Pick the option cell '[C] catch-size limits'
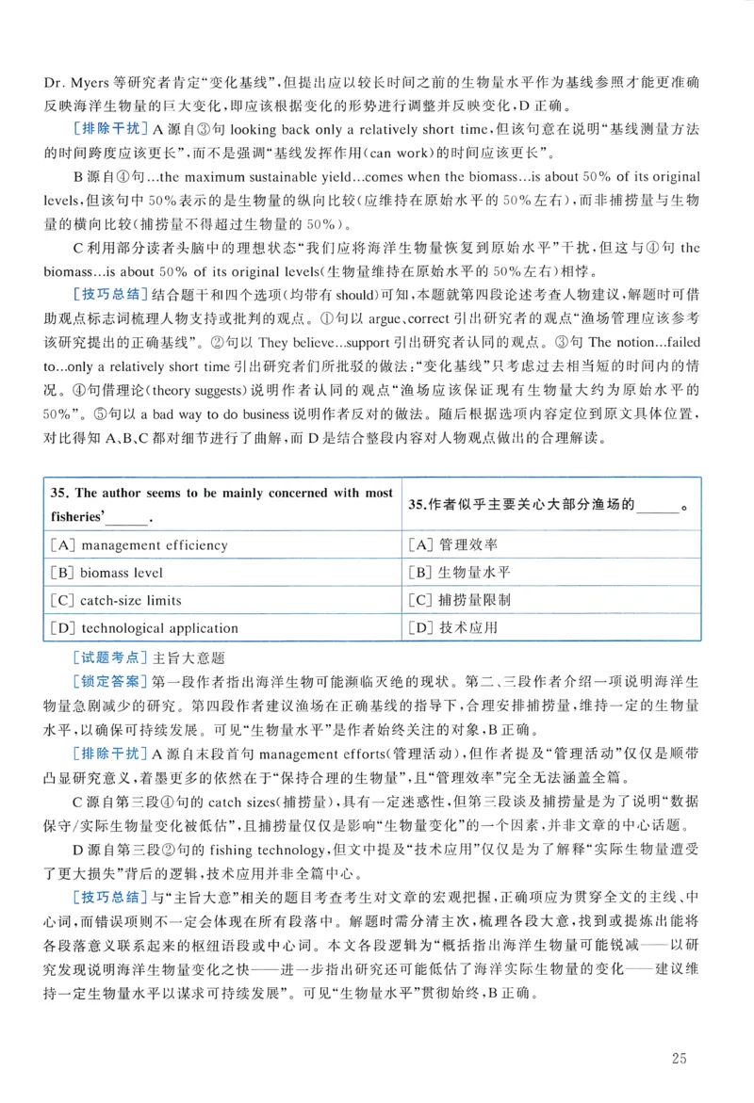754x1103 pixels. point(119,600)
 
